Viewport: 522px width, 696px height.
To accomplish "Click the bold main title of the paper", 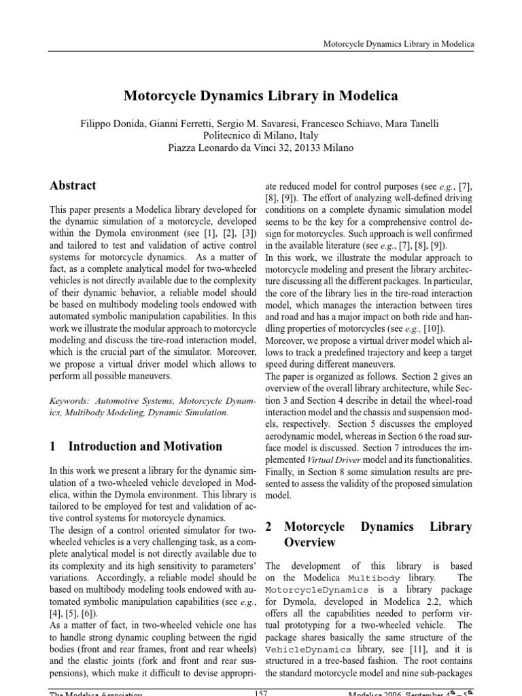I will [x=260, y=96].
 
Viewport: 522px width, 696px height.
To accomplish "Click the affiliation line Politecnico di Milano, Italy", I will [x=260, y=135].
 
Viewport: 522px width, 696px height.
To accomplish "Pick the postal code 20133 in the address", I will [x=303, y=147].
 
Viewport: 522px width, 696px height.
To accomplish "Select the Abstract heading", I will [x=73, y=186].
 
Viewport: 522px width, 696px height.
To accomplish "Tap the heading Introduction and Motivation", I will [x=145, y=447].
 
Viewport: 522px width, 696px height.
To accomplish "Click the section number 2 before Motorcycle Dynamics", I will [x=268, y=526].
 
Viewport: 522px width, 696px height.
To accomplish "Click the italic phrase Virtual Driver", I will [x=313, y=460].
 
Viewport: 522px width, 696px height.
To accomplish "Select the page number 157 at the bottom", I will [x=260, y=693].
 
